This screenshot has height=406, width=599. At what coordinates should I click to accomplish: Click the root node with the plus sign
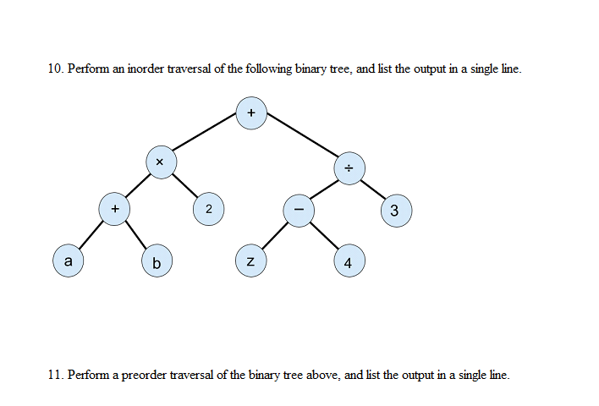tap(251, 113)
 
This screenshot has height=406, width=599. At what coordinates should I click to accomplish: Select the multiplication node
tap(160, 161)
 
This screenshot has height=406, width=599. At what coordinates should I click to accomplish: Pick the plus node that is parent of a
tap(114, 207)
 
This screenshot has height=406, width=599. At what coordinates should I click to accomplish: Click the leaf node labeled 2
tap(209, 208)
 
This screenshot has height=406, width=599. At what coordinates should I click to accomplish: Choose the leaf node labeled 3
tap(396, 211)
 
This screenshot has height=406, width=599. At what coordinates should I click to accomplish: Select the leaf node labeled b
tap(157, 261)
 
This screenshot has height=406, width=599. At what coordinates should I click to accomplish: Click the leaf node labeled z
tap(251, 261)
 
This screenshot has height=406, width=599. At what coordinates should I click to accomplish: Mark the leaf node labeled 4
tap(349, 262)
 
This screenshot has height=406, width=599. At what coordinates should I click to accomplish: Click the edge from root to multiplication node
tap(206, 137)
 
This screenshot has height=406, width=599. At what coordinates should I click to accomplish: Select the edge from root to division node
tap(300, 140)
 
